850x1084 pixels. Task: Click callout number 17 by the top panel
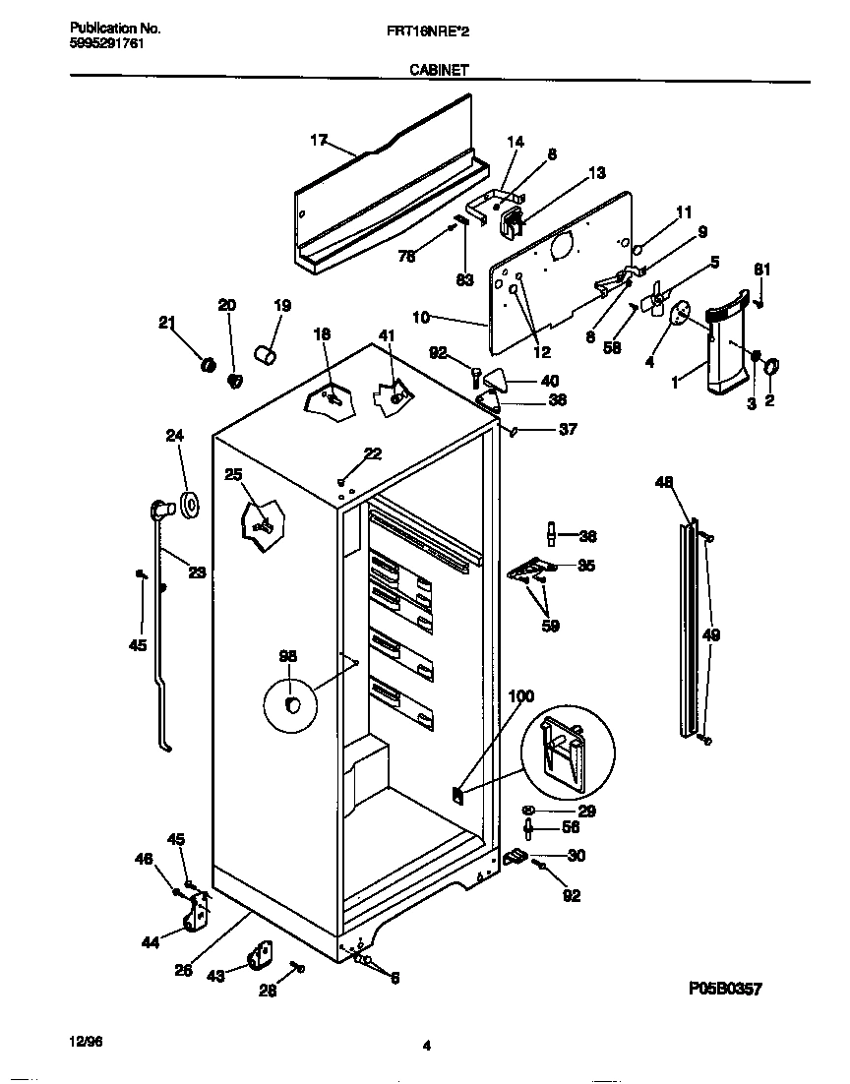pos(318,140)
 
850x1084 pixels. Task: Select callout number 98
pos(287,656)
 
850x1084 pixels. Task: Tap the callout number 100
pos(520,696)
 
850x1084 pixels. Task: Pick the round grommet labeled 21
pos(208,365)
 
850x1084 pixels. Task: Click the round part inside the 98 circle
pos(292,703)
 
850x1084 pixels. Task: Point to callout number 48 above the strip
pos(664,481)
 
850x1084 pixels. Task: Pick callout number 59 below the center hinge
pos(550,625)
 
